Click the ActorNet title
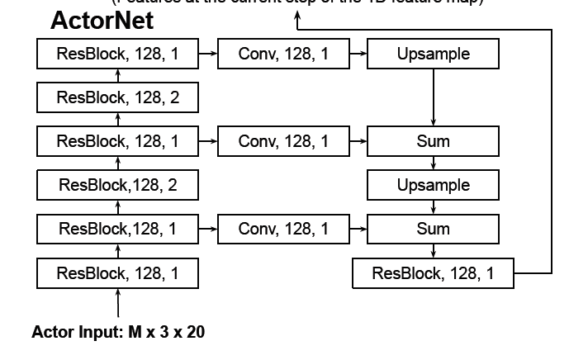tap(102, 21)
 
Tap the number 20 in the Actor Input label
tap(195, 334)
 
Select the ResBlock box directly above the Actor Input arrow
tap(117, 272)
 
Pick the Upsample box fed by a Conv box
tap(433, 54)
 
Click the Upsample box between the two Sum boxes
tap(433, 185)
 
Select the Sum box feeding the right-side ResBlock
tap(433, 229)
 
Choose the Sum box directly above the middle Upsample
tap(433, 141)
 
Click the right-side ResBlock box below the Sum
tap(433, 272)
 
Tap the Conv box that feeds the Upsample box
tap(283, 54)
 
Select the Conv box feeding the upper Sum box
tap(283, 141)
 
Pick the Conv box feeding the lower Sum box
tap(283, 229)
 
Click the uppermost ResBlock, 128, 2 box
tap(117, 98)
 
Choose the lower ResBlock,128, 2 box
tap(117, 185)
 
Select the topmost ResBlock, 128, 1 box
tap(117, 54)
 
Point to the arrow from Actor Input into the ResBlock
tap(117, 303)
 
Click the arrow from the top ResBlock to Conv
tap(208, 54)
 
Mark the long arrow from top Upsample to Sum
tap(433, 97)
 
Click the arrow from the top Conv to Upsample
tap(358, 54)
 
